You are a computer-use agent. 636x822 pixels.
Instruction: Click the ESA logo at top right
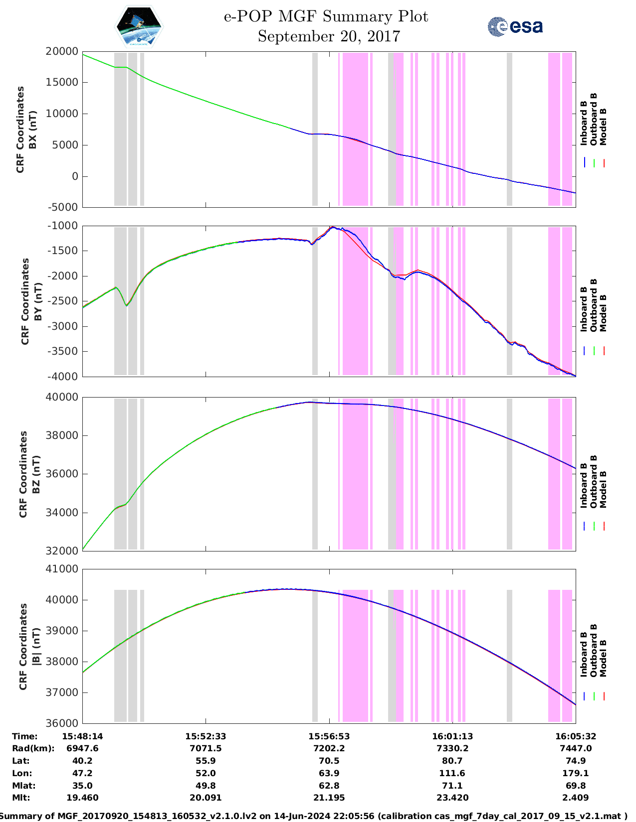515,26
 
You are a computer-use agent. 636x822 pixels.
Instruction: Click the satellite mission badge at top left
139,26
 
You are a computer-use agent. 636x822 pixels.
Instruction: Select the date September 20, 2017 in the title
329,36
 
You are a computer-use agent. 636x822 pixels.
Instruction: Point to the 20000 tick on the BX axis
62,51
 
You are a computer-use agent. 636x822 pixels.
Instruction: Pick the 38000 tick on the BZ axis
62,435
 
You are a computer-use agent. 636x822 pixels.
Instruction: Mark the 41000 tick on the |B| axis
62,569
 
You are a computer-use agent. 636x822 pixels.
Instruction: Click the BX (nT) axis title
27,130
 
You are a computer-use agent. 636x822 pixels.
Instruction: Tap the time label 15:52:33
206,736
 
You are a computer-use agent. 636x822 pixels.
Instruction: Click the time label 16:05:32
576,736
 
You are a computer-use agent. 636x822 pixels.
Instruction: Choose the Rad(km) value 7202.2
329,748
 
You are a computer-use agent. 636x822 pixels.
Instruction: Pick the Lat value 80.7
452,761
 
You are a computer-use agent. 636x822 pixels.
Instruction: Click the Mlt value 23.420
452,798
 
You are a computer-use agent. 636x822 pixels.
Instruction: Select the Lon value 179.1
576,773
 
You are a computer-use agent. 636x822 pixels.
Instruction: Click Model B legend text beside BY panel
603,313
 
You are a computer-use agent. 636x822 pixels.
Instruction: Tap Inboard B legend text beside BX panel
584,123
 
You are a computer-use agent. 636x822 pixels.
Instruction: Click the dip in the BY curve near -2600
127,305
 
